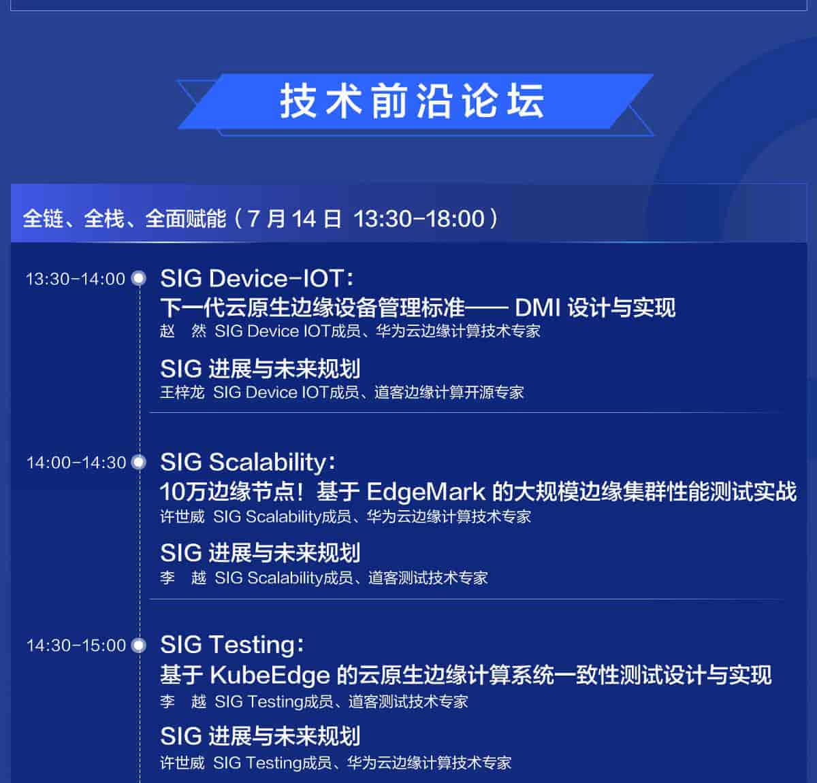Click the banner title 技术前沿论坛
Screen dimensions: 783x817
[x=412, y=102]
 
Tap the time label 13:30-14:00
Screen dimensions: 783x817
[x=75, y=279]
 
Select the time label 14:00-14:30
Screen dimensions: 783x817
[x=76, y=463]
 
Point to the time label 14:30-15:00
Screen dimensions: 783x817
[x=76, y=646]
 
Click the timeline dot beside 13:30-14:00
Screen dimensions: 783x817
[x=139, y=278]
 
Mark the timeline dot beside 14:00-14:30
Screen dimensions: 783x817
[x=139, y=463]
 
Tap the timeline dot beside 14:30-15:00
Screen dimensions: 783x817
[x=139, y=646]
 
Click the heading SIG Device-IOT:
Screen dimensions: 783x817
[x=257, y=278]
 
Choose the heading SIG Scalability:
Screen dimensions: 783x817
[x=248, y=462]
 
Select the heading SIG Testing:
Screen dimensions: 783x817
[x=232, y=644]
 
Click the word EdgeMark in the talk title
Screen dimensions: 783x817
[x=426, y=491]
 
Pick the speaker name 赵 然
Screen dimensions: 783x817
[x=182, y=331]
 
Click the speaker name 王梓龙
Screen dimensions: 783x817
[x=182, y=393]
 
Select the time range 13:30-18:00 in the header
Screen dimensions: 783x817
[x=419, y=218]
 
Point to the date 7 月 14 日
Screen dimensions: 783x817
[x=294, y=218]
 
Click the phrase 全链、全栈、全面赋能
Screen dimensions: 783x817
[x=124, y=218]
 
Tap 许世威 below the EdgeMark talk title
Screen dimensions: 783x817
[x=182, y=516]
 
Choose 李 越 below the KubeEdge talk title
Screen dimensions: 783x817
[x=182, y=701]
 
